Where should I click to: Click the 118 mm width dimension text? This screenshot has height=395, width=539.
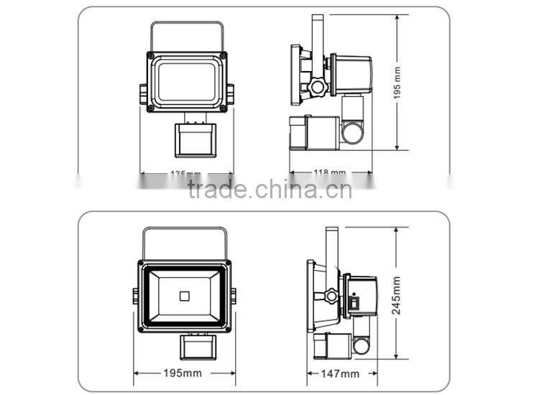(331, 173)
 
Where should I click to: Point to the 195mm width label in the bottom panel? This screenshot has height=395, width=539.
(183, 373)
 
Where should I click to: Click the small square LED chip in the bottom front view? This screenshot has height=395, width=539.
(183, 293)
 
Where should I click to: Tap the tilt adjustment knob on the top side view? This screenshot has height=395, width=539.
(317, 88)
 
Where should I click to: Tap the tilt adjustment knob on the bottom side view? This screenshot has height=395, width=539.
(331, 295)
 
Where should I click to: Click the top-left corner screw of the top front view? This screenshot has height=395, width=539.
(151, 55)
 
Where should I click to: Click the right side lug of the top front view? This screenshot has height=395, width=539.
(230, 93)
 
